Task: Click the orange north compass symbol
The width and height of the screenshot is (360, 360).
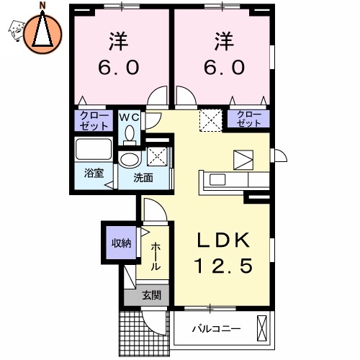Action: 42,32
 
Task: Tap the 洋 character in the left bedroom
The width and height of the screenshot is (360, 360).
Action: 120,40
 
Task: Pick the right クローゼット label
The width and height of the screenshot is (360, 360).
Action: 248,119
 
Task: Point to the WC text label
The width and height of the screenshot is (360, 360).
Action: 129,115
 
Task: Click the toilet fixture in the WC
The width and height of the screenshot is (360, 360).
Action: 130,134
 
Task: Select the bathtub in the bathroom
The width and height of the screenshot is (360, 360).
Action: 94,151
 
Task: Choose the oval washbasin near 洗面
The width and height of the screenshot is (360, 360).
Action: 130,159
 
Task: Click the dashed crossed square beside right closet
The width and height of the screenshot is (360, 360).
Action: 212,119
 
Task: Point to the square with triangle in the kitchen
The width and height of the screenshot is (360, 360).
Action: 243,159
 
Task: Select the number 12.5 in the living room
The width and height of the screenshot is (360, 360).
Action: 223,267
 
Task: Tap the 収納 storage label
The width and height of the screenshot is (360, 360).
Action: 120,243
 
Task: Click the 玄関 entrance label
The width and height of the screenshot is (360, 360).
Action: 151,294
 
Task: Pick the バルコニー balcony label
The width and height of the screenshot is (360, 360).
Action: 215,330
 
